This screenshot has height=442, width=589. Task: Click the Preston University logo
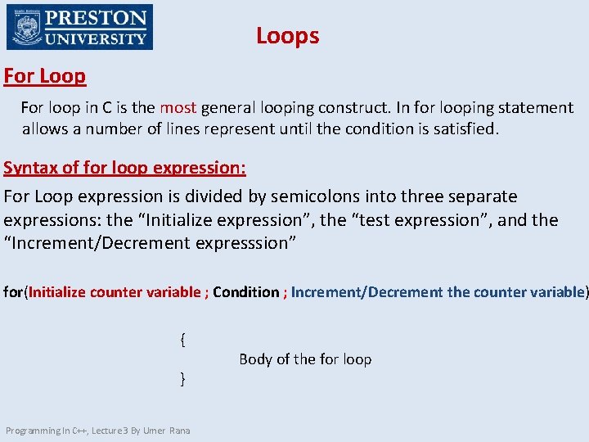79,28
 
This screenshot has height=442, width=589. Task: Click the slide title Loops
287,36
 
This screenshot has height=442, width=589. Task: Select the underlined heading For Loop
45,76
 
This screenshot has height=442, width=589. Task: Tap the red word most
178,108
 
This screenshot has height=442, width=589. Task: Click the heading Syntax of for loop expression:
124,168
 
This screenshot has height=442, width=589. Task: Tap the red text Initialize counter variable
115,292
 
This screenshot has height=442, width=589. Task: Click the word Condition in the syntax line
245,292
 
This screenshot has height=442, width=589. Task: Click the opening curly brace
182,339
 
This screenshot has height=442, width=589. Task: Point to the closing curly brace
182,377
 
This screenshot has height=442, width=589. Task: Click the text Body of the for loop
305,359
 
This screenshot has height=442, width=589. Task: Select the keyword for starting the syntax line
13,292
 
